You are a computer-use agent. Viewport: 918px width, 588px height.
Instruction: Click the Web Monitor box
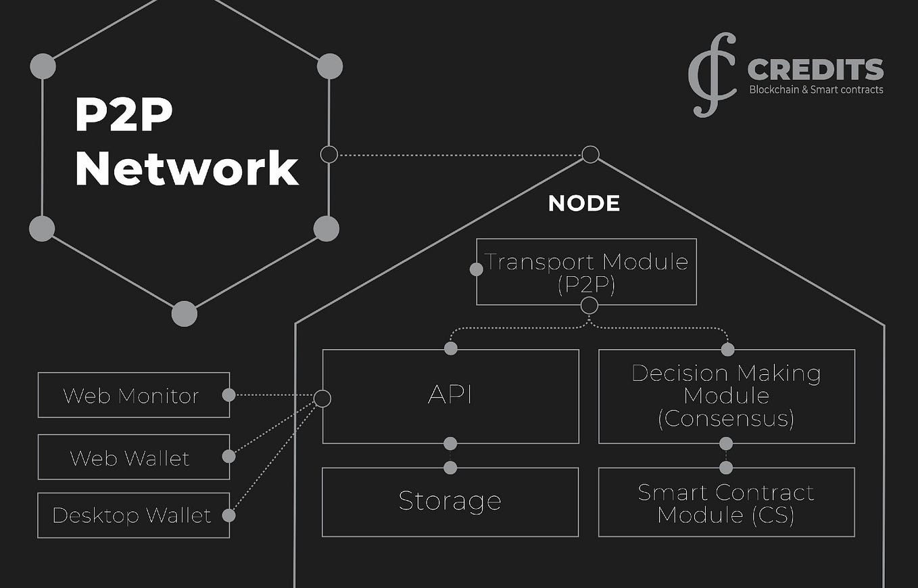click(x=133, y=395)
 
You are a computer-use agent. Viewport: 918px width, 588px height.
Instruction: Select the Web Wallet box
click(x=133, y=457)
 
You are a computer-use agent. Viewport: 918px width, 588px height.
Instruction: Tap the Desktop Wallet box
click(x=133, y=516)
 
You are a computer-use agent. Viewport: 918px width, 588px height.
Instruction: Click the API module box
click(x=450, y=396)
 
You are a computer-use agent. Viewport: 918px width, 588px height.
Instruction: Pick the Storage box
click(x=450, y=501)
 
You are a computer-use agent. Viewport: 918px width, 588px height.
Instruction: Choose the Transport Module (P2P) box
click(x=586, y=271)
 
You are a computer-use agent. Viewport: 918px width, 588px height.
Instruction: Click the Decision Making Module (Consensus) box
click(x=727, y=396)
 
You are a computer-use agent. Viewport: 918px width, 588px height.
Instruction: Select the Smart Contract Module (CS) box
click(x=727, y=503)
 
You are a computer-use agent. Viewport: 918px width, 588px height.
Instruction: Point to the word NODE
click(x=584, y=204)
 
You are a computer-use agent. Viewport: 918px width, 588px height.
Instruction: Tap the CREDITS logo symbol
click(x=712, y=74)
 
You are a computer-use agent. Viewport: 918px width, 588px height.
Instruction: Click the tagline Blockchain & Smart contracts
click(x=816, y=90)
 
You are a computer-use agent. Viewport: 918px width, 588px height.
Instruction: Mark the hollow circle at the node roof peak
click(x=591, y=154)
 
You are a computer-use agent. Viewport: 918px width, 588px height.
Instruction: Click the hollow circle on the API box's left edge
click(x=322, y=399)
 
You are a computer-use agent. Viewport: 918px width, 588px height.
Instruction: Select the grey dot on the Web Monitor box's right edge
click(x=229, y=394)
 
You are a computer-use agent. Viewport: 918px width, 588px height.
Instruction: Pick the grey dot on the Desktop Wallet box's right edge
click(x=229, y=516)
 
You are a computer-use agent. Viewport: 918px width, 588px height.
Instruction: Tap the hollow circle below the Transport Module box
click(x=589, y=306)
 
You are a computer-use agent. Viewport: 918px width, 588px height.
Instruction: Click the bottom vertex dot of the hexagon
click(x=184, y=314)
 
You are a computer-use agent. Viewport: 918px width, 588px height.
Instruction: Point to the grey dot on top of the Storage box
click(x=450, y=468)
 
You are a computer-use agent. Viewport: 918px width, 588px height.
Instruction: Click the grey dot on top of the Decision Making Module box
click(x=727, y=350)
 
